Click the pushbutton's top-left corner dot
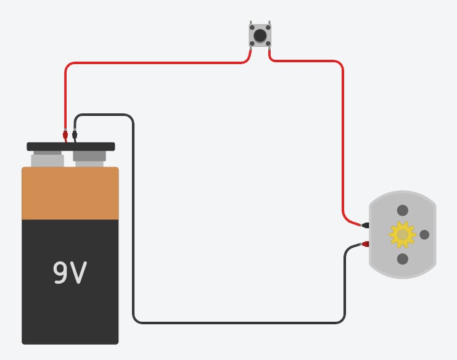coord(252,28)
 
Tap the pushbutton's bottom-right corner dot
coord(268,44)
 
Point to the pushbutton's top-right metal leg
coord(270,22)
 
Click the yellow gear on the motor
coord(402,235)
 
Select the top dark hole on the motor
coord(403,211)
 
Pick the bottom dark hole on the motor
coord(403,259)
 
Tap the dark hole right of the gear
coord(424,235)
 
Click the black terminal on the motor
coord(366,226)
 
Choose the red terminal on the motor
coord(366,245)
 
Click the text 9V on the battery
coord(70,273)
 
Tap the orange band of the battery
coord(70,194)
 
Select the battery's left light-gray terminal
coord(47,160)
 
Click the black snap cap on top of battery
coord(70,147)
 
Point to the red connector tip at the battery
coord(65,133)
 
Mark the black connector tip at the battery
coord(75,134)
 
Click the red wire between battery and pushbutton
coord(154,62)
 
